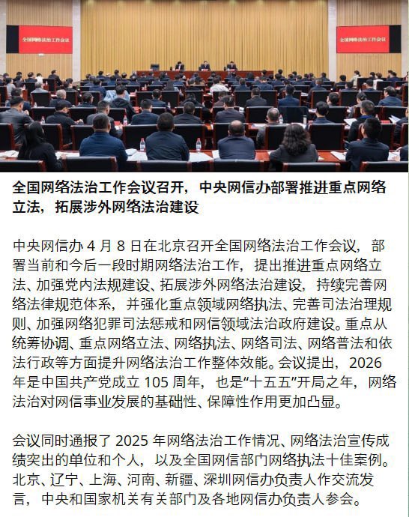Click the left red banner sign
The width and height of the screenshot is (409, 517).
click(46, 40)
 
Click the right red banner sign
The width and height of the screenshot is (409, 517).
click(363, 39)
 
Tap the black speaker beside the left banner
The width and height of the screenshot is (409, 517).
click(12, 40)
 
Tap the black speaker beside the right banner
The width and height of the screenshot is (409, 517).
click(395, 39)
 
